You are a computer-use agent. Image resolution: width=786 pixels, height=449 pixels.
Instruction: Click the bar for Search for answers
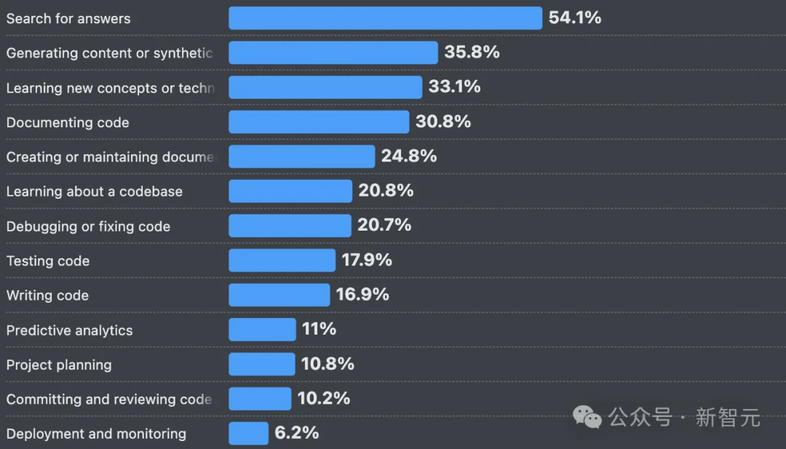pyautogui.click(x=385, y=18)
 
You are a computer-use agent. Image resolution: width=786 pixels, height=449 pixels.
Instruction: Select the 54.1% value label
pyautogui.click(x=575, y=18)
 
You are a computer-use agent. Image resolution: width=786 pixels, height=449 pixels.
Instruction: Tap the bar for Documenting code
pyautogui.click(x=319, y=122)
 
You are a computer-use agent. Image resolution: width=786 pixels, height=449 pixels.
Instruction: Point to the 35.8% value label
pyautogui.click(x=472, y=52)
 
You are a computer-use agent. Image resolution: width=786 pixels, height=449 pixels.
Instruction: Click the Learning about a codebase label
pyautogui.click(x=95, y=191)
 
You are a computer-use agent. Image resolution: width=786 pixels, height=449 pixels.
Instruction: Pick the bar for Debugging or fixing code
pyautogui.click(x=290, y=226)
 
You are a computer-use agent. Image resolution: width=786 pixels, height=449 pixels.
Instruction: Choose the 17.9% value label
pyautogui.click(x=367, y=260)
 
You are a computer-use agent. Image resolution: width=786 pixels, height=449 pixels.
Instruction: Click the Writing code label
pyautogui.click(x=47, y=295)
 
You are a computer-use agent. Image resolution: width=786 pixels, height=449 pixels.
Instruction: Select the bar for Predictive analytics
pyautogui.click(x=262, y=330)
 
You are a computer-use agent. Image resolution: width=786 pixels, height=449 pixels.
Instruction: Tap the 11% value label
pyautogui.click(x=319, y=330)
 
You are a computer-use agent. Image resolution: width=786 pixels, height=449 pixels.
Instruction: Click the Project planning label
pyautogui.click(x=59, y=365)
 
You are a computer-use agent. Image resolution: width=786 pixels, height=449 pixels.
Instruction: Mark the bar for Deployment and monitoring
pyautogui.click(x=248, y=434)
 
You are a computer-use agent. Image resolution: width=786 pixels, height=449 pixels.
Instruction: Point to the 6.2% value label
pyautogui.click(x=296, y=433)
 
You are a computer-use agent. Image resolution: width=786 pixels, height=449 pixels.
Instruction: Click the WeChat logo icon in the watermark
pyautogui.click(x=587, y=418)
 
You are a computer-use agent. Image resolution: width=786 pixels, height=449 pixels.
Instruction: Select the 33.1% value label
pyautogui.click(x=454, y=87)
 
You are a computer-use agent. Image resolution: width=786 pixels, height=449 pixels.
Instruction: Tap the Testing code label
pyautogui.click(x=48, y=261)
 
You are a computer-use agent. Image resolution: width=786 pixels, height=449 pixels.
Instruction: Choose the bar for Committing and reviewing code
pyautogui.click(x=260, y=399)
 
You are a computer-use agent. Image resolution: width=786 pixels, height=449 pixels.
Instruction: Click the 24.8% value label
pyautogui.click(x=409, y=156)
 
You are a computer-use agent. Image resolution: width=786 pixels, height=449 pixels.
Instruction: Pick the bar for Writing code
pyautogui.click(x=279, y=295)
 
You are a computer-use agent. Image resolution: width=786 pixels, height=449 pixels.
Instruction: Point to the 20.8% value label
pyautogui.click(x=386, y=191)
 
